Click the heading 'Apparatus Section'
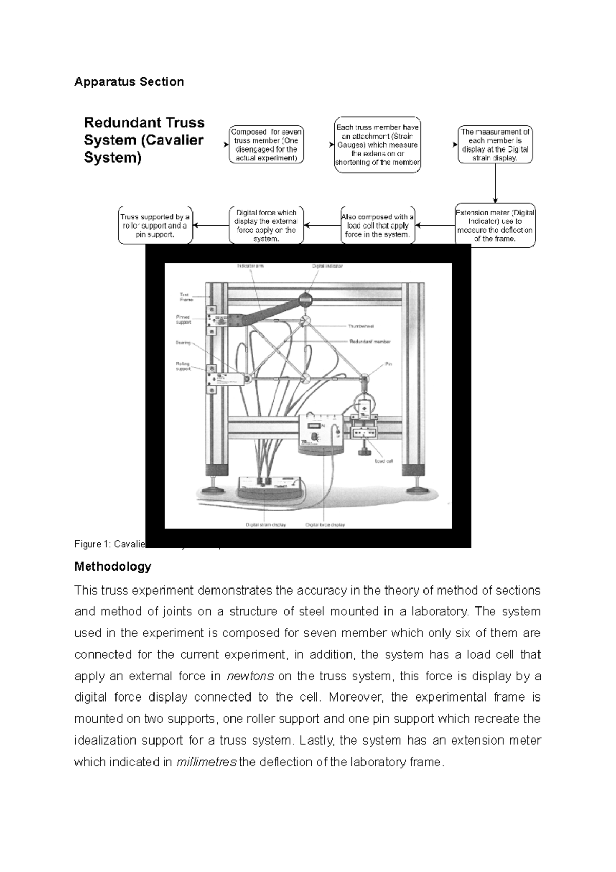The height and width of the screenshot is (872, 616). pyautogui.click(x=129, y=82)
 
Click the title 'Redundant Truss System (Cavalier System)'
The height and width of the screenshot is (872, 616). pyautogui.click(x=144, y=140)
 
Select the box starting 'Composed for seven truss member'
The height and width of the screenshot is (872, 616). pyautogui.click(x=266, y=145)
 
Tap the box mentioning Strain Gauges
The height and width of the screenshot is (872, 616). pyautogui.click(x=377, y=145)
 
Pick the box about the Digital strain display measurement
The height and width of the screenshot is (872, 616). pyautogui.click(x=495, y=145)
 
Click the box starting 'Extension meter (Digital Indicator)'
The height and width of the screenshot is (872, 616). pyautogui.click(x=495, y=225)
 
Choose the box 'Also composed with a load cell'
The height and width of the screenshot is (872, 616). pyautogui.click(x=377, y=225)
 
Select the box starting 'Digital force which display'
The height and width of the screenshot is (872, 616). pyautogui.click(x=266, y=225)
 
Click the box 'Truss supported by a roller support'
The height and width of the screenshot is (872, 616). pyautogui.click(x=155, y=225)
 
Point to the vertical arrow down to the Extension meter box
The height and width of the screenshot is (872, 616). pyautogui.click(x=495, y=184)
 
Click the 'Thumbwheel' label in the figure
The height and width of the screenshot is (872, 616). pyautogui.click(x=361, y=326)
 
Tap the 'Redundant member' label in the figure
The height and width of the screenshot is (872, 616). pyautogui.click(x=370, y=342)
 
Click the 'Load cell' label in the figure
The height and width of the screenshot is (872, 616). pyautogui.click(x=383, y=461)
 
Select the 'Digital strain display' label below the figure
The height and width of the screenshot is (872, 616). pyautogui.click(x=266, y=525)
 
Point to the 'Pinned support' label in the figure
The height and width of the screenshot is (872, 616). pyautogui.click(x=183, y=319)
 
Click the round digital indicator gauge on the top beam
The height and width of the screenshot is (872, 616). pyautogui.click(x=306, y=298)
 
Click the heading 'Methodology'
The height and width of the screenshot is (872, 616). pyautogui.click(x=113, y=566)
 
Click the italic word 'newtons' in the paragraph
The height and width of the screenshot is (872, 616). pyautogui.click(x=250, y=676)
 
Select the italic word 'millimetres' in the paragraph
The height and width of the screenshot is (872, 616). pyautogui.click(x=206, y=762)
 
